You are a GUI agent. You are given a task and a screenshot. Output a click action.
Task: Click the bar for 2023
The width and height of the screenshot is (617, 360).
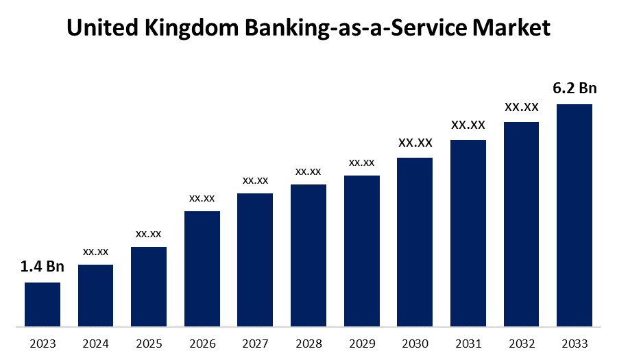point(43,304)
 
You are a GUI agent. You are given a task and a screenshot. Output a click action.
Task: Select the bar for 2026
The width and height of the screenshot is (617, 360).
point(202,268)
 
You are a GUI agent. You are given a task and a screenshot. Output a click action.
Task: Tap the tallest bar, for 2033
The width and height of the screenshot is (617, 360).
point(574,215)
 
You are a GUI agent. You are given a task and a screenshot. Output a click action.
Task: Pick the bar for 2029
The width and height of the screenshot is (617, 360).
point(362,250)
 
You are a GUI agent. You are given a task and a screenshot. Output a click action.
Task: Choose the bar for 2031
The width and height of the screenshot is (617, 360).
point(468,232)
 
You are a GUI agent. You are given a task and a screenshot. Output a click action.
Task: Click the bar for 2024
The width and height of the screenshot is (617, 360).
point(96,295)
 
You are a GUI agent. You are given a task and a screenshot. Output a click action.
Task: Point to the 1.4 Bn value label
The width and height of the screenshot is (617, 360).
point(43,267)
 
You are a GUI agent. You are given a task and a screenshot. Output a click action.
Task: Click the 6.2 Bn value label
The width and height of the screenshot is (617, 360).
point(574,88)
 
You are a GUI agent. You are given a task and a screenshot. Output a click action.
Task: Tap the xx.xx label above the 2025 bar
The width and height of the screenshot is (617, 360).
point(149,234)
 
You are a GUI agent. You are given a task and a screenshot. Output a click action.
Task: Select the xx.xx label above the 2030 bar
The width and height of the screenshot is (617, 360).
point(415,143)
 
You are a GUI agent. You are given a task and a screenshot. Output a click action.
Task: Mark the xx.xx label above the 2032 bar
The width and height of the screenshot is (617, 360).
point(522,107)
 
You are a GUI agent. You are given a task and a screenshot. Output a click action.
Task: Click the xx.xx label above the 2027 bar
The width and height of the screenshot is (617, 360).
point(255,180)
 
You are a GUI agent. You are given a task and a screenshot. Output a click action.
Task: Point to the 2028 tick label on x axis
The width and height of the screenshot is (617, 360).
point(308,344)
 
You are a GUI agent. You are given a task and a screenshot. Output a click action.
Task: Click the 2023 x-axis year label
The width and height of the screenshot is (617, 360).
point(43,344)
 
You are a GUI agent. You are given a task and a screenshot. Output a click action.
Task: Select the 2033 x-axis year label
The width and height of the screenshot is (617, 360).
point(574,344)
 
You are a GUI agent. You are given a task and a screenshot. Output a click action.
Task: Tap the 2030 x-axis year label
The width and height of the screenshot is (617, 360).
point(415,344)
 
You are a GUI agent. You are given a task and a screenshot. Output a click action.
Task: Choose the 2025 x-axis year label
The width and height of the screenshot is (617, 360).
point(149,344)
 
